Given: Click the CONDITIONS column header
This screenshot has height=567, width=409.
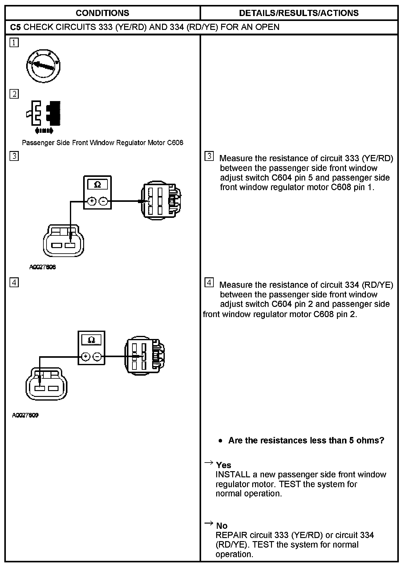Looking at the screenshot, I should [x=102, y=13].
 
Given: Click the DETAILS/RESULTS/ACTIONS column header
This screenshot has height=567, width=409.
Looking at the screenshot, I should [x=299, y=13].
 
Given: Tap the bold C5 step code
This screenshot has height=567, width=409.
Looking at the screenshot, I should [x=15, y=27].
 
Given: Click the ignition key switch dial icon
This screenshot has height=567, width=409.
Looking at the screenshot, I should [x=43, y=66].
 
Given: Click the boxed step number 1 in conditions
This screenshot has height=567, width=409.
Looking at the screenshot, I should [x=14, y=43].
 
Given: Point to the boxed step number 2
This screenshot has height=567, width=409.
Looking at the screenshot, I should [x=14, y=94].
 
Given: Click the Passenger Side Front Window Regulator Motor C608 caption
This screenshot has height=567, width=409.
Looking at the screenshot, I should [x=103, y=143].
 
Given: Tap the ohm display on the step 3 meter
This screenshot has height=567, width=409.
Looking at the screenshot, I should [x=97, y=185].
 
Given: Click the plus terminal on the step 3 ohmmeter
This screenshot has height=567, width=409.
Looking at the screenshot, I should [x=92, y=202].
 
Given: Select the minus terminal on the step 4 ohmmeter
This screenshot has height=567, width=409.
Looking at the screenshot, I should [x=97, y=357].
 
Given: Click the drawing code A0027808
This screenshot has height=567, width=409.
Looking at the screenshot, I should [x=43, y=267].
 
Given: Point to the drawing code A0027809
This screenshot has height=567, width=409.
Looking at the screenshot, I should [x=25, y=415].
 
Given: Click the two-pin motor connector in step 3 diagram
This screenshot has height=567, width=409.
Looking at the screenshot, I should [x=63, y=241].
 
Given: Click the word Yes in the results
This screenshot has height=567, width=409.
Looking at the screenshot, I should [x=224, y=465].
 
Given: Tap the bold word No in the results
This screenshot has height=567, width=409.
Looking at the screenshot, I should [x=222, y=526].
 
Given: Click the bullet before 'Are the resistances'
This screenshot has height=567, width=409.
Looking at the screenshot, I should [x=220, y=441].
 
